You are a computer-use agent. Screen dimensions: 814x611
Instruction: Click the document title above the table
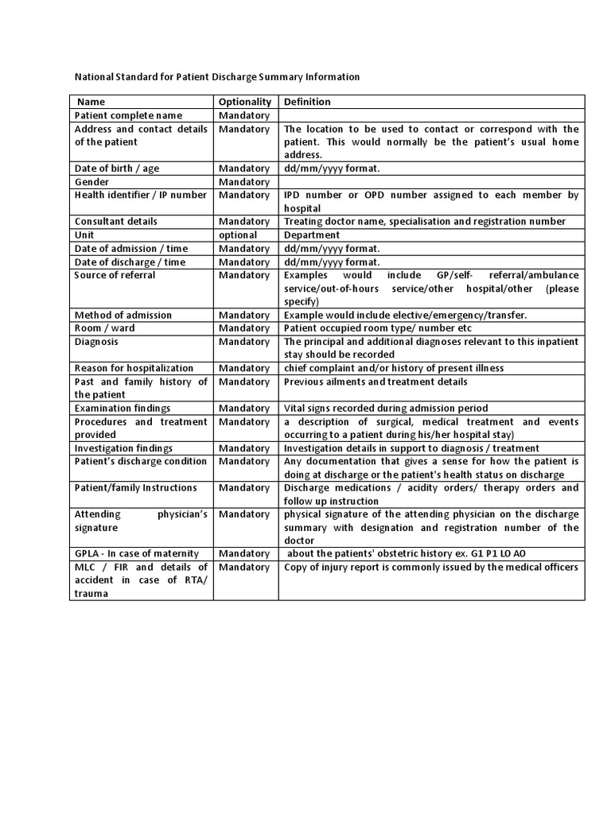click(x=217, y=77)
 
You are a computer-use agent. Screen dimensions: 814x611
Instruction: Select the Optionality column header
click(x=245, y=102)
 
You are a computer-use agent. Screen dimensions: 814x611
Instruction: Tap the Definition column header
click(x=307, y=102)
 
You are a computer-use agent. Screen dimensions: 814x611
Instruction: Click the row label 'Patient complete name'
click(x=128, y=115)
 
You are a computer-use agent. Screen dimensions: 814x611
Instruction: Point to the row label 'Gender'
click(x=91, y=182)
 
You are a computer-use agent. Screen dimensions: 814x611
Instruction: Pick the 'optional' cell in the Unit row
click(x=238, y=235)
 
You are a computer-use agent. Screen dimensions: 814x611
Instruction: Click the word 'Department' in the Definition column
click(x=312, y=235)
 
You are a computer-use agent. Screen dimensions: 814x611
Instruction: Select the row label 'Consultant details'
click(x=116, y=222)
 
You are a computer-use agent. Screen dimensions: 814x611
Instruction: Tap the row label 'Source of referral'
click(x=115, y=275)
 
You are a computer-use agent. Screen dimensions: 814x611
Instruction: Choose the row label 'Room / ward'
click(x=105, y=328)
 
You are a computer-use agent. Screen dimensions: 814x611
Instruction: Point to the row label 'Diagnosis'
click(x=97, y=342)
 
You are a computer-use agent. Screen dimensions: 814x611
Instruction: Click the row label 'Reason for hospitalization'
click(x=134, y=368)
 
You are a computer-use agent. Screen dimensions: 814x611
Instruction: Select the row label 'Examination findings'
click(x=123, y=409)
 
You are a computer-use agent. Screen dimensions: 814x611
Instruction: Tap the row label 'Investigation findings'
click(x=126, y=448)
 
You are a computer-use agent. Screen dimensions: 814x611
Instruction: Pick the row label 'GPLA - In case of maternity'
click(x=137, y=554)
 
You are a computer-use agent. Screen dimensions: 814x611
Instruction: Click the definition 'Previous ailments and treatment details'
click(x=376, y=382)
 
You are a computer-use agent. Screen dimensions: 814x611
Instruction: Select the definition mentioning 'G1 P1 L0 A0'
click(x=407, y=554)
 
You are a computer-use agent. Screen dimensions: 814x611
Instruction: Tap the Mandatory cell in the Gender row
click(x=244, y=182)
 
